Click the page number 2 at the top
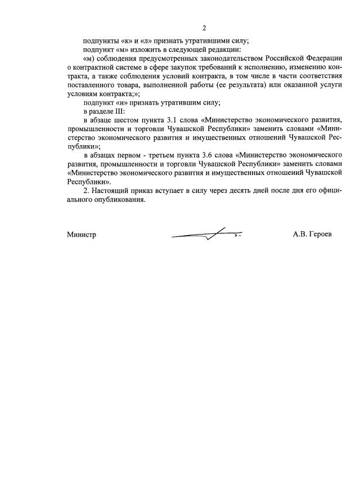point(204,28)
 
